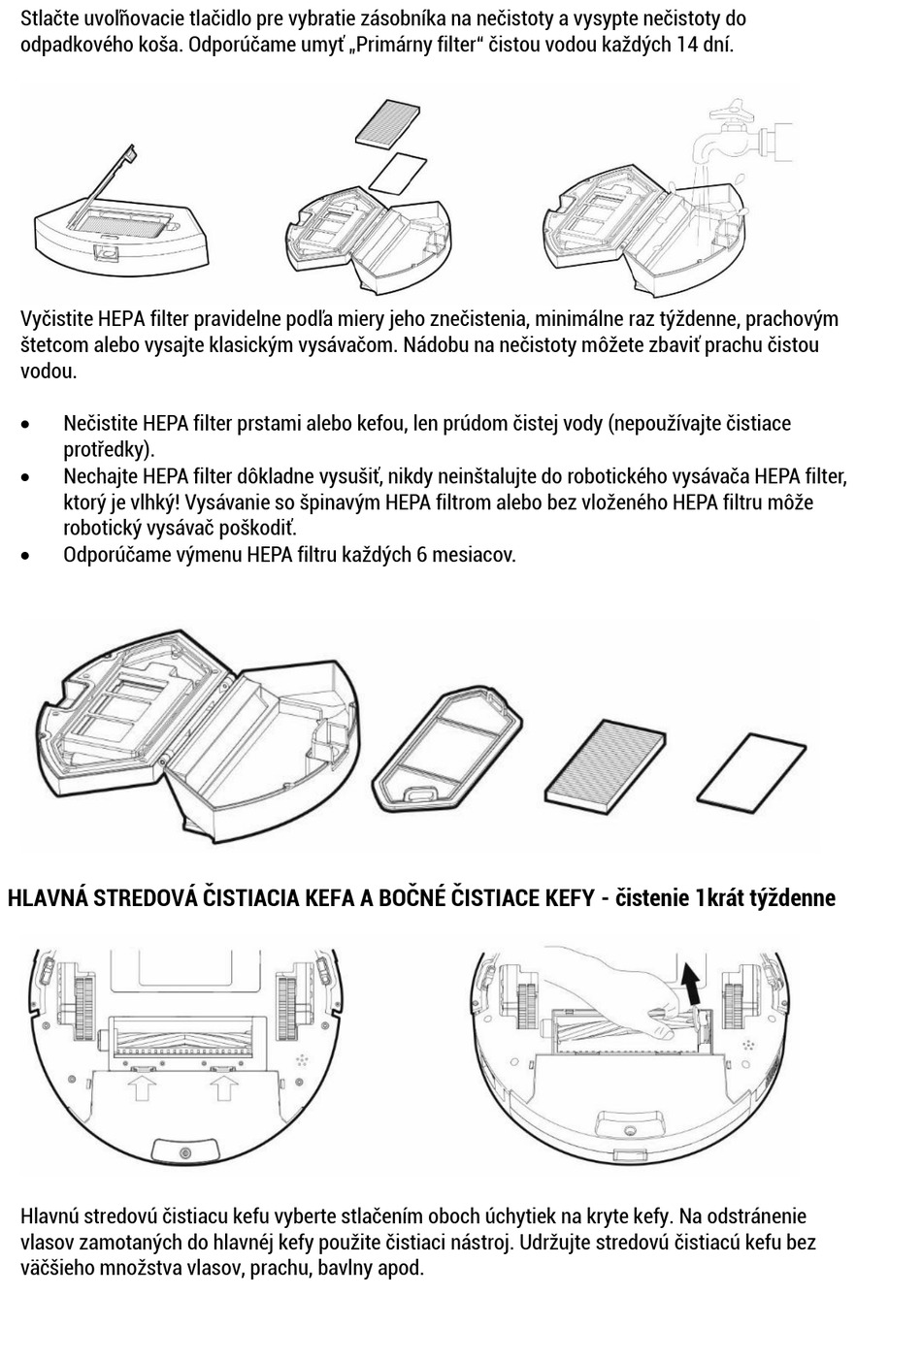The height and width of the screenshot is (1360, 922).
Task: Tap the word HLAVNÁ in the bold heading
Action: pos(48,897)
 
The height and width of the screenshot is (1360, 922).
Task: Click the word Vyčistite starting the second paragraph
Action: pos(56,319)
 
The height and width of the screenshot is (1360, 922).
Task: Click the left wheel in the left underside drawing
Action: pos(78,999)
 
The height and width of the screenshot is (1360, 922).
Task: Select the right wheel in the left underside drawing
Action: pos(288,999)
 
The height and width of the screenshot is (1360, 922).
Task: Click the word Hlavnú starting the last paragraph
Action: pos(49,1216)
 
